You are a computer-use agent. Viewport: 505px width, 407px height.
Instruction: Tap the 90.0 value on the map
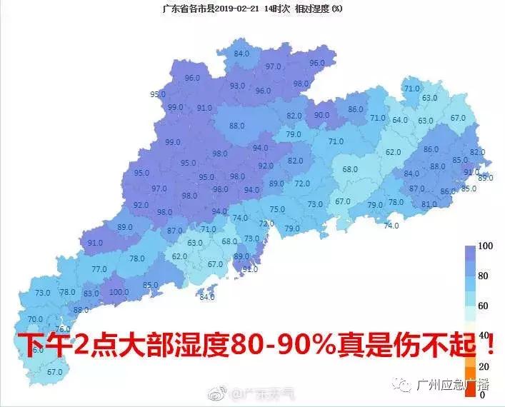click(x=322, y=115)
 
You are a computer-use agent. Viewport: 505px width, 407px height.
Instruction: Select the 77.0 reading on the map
click(x=99, y=269)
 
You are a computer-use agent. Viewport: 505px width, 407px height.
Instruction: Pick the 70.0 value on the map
click(x=35, y=319)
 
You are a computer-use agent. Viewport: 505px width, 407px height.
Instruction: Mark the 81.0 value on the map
click(x=429, y=204)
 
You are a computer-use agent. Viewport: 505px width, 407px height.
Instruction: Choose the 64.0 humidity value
click(x=400, y=120)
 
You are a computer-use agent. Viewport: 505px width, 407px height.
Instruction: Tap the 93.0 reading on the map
click(x=237, y=86)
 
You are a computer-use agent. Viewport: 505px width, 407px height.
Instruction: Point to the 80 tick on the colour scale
click(x=483, y=276)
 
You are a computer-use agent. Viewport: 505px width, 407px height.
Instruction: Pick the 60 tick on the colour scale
click(x=483, y=306)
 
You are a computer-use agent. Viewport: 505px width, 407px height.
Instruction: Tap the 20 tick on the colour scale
click(x=483, y=366)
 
